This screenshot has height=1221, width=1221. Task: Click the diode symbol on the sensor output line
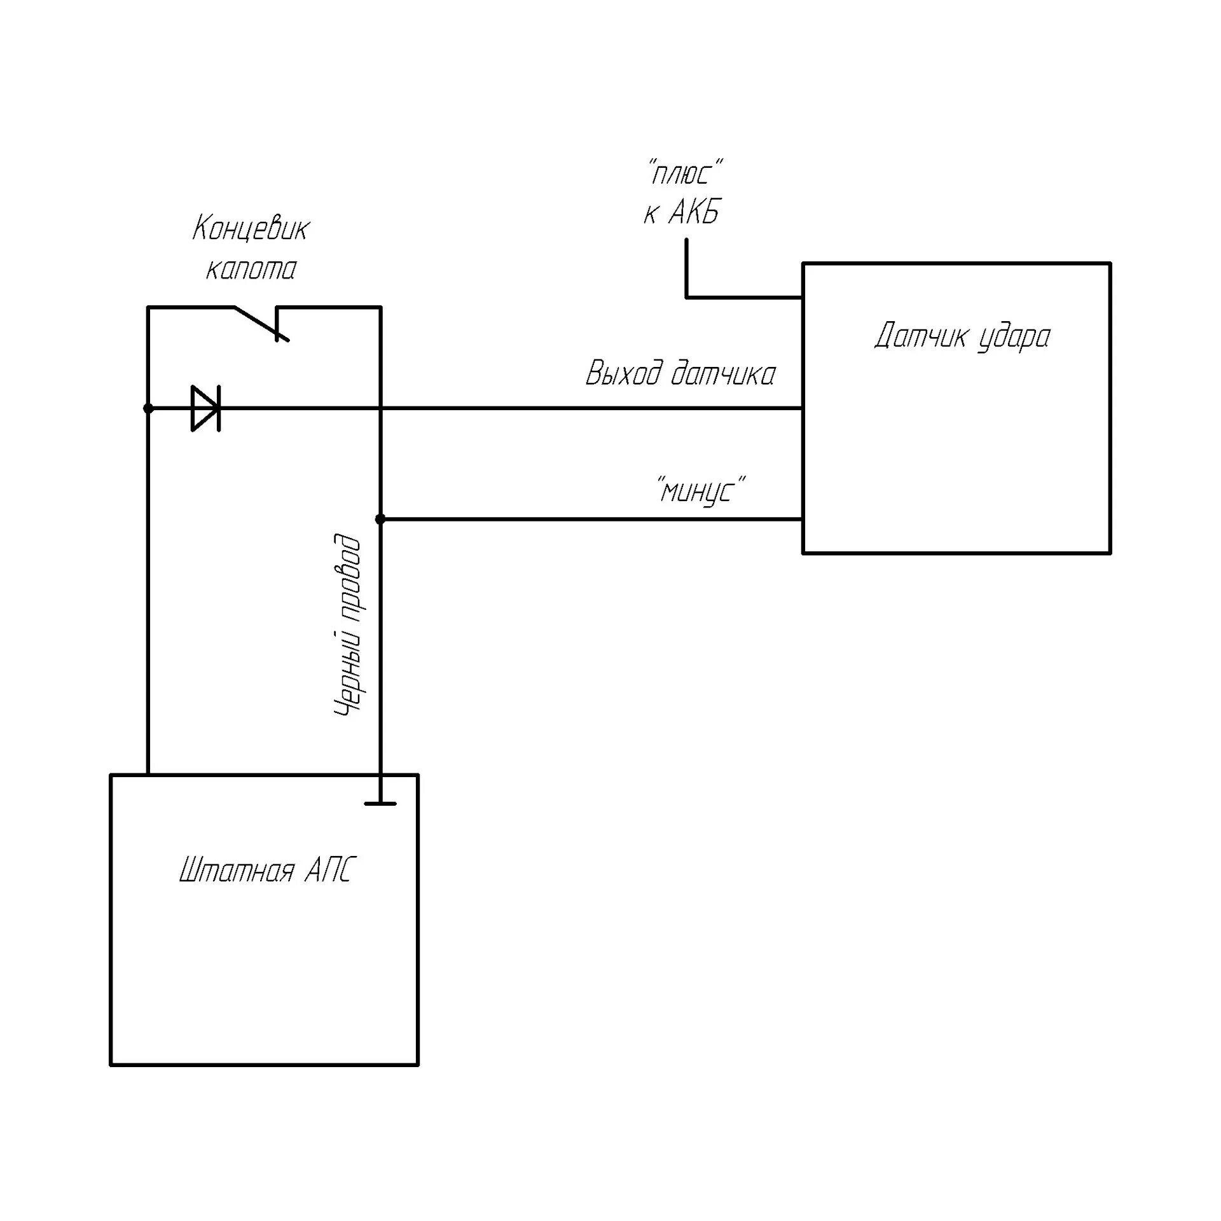206,408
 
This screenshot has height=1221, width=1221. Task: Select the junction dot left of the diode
148,408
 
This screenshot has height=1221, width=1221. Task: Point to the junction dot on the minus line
380,520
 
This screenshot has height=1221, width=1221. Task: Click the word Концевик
251,229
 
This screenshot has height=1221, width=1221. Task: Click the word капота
251,269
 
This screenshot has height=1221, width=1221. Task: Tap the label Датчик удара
962,336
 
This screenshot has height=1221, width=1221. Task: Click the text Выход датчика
680,373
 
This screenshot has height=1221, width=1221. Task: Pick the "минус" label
702,491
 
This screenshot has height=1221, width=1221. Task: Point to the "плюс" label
686,174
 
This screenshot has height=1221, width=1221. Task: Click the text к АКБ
682,213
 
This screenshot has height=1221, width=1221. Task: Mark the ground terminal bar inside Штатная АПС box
380,803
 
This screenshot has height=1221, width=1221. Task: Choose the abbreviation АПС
328,871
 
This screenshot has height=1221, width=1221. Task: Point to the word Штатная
237,871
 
